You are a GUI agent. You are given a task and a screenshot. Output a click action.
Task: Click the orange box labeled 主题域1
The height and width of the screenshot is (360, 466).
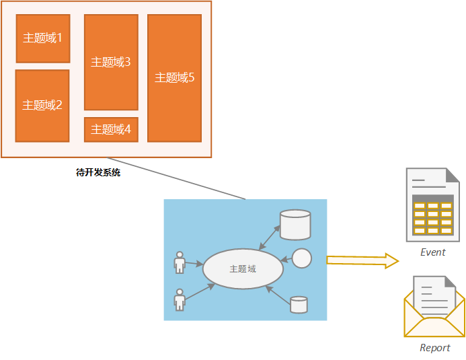coord(43,38)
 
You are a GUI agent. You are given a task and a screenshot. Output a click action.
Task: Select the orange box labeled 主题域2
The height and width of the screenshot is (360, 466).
coord(42,106)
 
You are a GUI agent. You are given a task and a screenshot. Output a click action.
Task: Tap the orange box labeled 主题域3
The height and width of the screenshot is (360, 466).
coord(111,62)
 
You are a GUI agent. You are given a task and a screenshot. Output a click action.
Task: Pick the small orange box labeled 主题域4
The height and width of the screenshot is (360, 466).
coord(111,130)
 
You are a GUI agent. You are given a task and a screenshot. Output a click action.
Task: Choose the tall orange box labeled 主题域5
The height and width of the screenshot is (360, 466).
coord(174,78)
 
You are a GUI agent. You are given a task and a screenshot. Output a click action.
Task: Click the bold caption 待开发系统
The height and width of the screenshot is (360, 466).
coord(98,172)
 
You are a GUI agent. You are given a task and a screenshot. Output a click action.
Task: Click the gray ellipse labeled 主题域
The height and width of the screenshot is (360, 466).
coord(243,268)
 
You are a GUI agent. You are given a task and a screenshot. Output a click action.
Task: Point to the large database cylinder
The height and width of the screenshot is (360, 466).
coord(295,225)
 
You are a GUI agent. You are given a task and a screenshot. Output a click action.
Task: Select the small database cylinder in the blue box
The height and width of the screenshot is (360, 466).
coord(299,305)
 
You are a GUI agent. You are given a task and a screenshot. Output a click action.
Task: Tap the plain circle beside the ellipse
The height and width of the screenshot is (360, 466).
coord(302,258)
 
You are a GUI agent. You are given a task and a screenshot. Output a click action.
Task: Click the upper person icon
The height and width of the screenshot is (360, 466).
coord(180,263)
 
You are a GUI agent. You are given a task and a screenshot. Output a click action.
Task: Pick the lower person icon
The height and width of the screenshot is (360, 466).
coord(180,299)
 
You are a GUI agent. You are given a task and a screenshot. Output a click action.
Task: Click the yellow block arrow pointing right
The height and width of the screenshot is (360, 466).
coord(362,260)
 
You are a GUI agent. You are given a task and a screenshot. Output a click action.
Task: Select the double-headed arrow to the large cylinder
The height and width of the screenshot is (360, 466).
coord(269,238)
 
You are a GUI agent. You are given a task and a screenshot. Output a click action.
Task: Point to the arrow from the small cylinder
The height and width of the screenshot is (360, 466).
coord(278,295)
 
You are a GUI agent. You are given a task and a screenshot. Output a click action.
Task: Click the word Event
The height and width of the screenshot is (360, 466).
coord(433,252)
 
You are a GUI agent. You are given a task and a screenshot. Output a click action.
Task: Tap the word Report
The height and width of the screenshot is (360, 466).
coord(435,347)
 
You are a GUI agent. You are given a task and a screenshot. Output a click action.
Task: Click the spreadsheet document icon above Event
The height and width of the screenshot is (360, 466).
coord(433,205)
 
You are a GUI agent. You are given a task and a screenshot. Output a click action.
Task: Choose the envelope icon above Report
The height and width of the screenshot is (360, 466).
coord(434,307)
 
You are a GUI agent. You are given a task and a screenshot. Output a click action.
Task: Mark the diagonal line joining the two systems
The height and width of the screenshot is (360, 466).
coord(176,178)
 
